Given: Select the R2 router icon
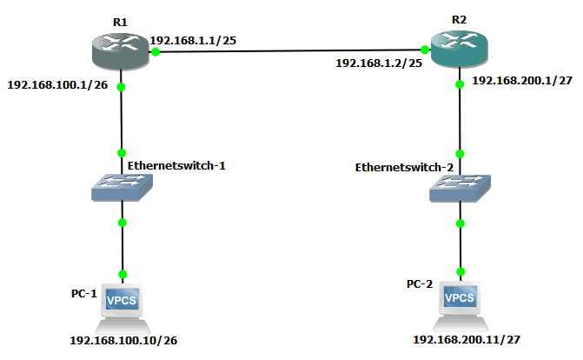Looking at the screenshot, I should [458, 49].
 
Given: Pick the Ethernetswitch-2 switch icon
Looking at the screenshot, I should [460, 187].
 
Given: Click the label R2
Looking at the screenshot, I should [458, 18].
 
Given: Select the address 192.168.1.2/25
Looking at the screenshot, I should [379, 63].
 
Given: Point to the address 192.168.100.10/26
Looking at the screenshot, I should [129, 341].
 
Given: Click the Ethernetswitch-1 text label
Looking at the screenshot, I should [176, 164].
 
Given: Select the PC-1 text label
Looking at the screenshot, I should [84, 295].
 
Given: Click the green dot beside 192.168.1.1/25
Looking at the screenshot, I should [155, 53].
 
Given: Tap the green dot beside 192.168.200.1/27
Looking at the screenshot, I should [459, 84].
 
